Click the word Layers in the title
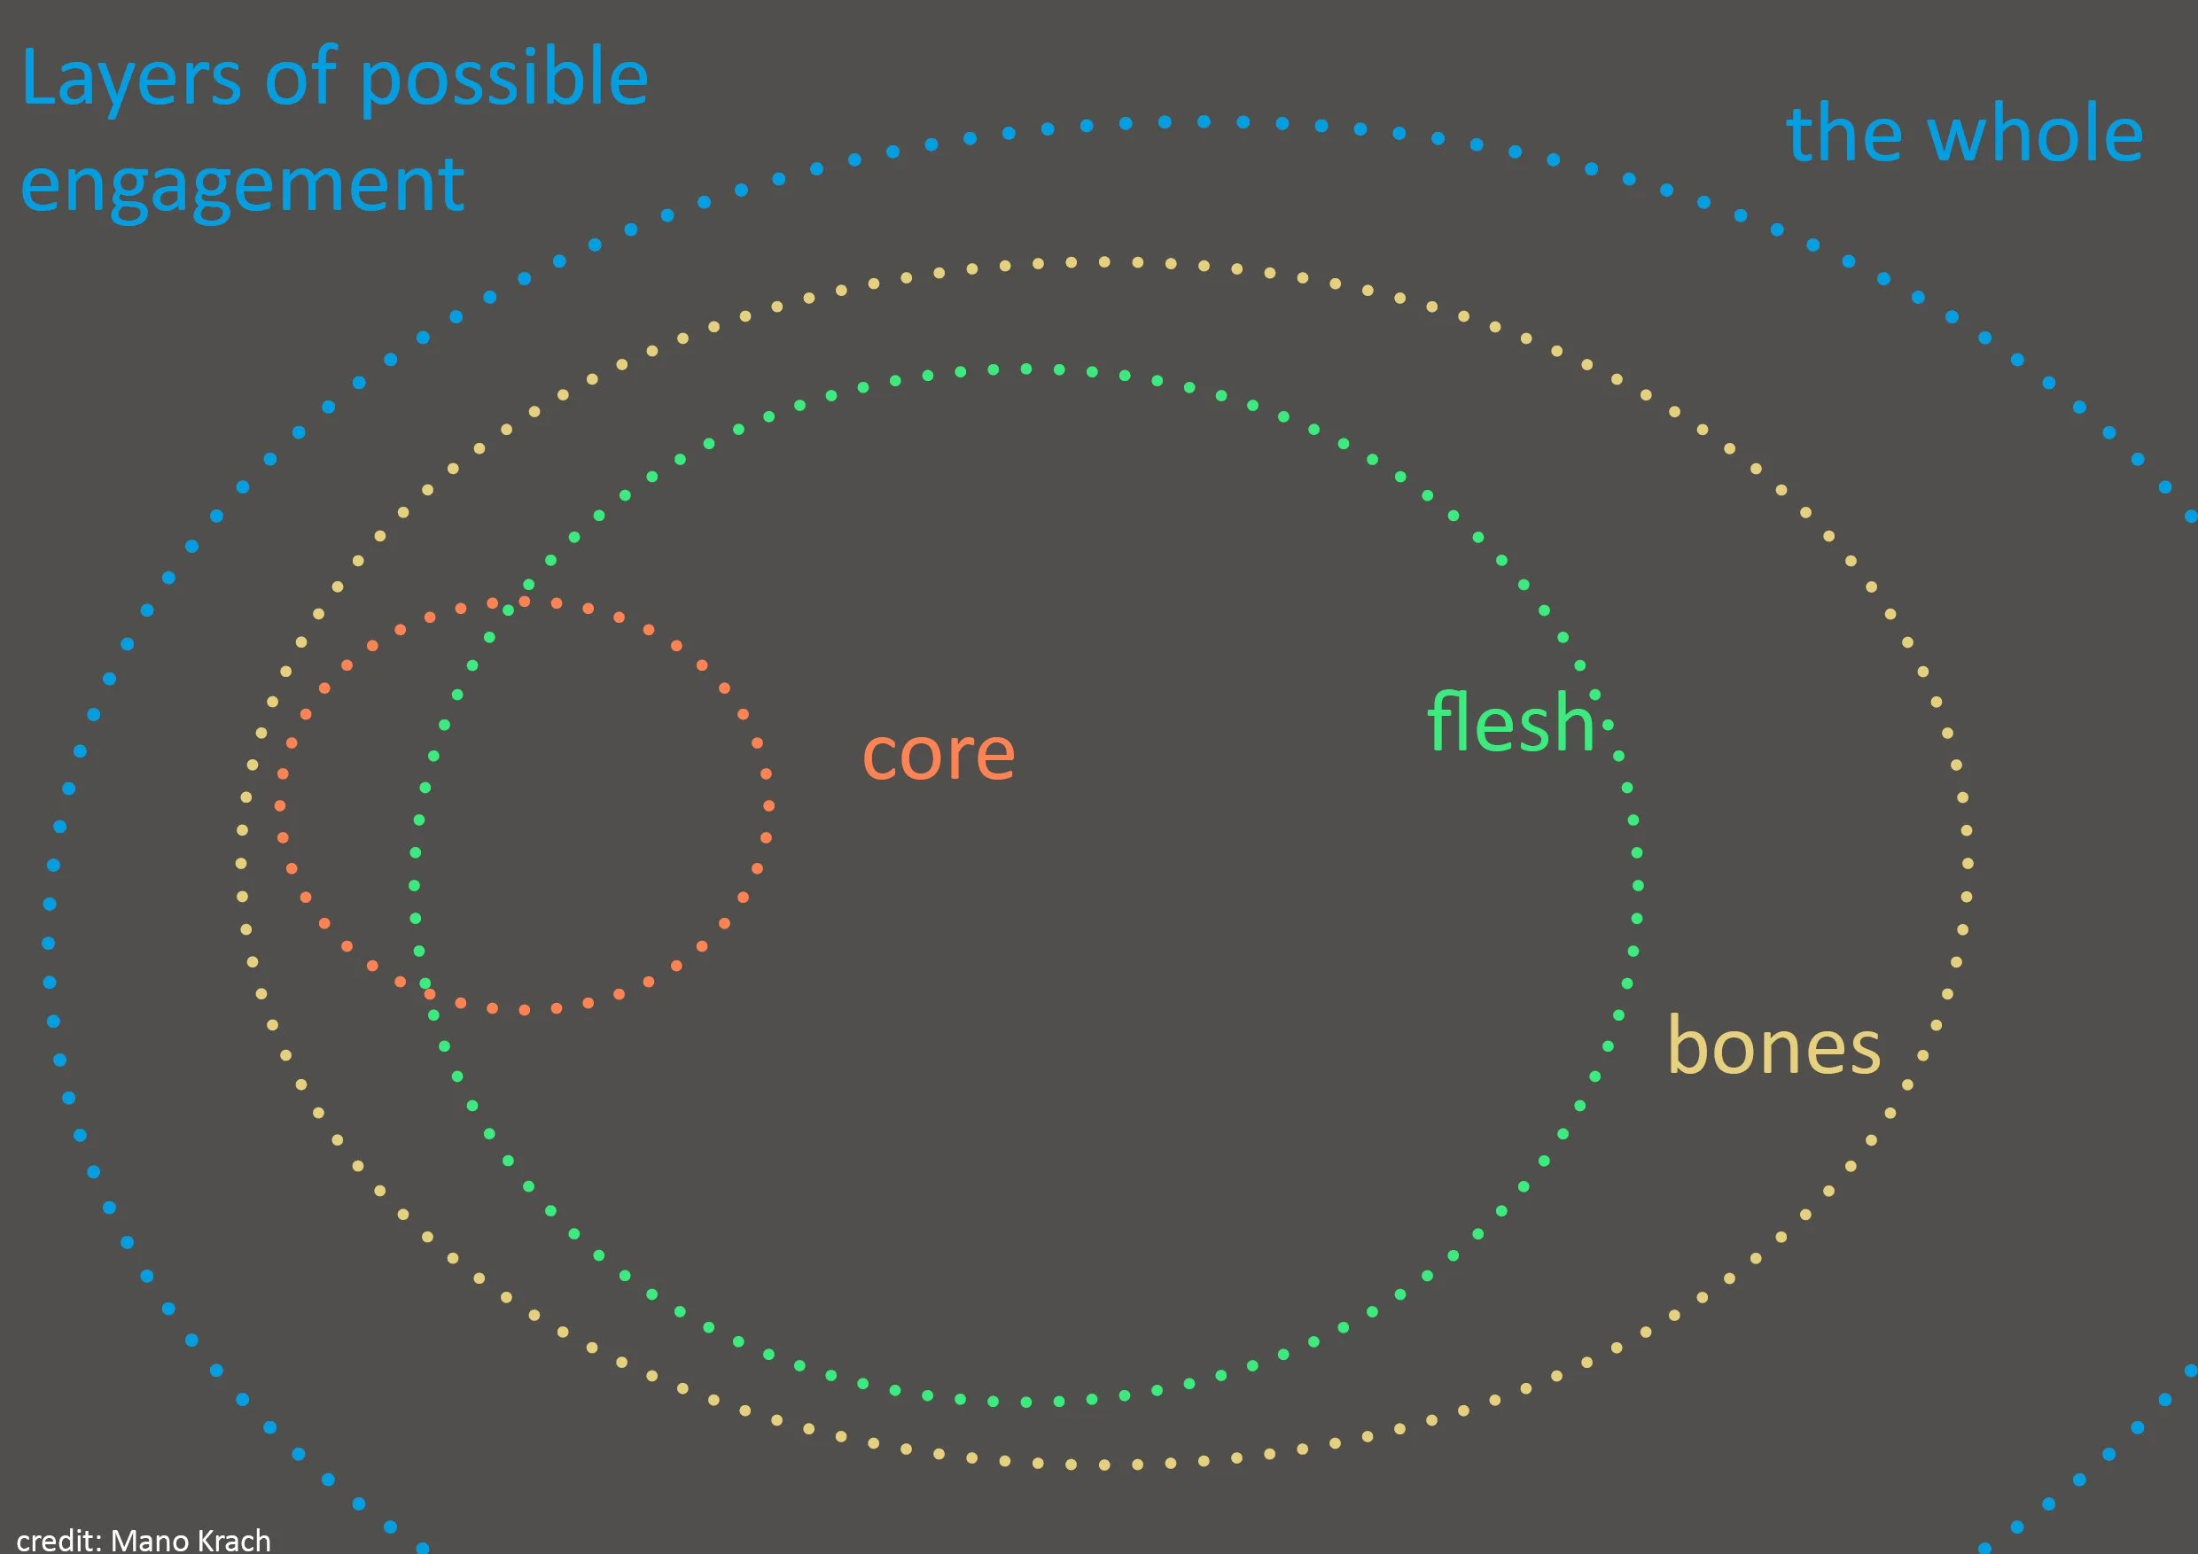click(130, 80)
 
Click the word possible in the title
click(504, 80)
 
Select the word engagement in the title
click(242, 184)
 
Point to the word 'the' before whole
click(1841, 135)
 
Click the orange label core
click(939, 755)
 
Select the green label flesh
click(1510, 724)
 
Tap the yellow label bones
click(1773, 1047)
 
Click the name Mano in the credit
click(148, 1540)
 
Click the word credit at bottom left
click(58, 1540)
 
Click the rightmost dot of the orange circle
click(768, 805)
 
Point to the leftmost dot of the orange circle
click(283, 805)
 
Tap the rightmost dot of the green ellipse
click(1638, 885)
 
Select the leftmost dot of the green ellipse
click(414, 885)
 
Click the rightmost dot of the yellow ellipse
click(1968, 864)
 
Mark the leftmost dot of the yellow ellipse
click(241, 864)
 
